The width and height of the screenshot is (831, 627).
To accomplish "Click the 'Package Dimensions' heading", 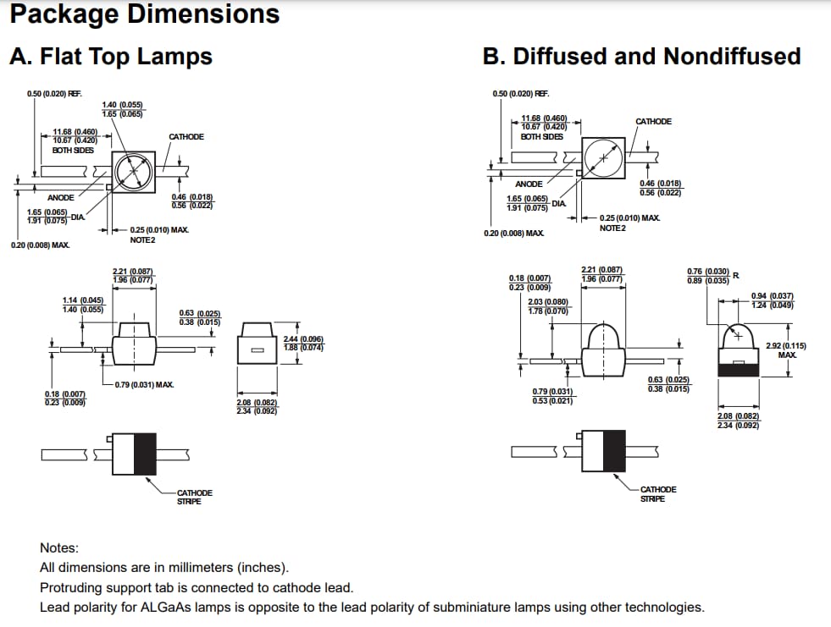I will click(144, 14).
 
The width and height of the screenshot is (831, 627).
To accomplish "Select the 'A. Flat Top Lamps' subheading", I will click(110, 57).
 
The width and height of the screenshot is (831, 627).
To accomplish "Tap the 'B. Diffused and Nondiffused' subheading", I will click(641, 57).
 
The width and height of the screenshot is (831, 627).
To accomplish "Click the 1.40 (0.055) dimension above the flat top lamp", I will click(122, 105).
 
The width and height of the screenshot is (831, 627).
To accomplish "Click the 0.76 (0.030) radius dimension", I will click(707, 271).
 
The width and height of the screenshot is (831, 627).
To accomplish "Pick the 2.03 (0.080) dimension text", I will click(548, 302).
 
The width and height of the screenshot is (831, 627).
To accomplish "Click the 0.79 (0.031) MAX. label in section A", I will click(144, 385).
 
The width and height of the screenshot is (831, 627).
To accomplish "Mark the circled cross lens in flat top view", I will click(131, 172).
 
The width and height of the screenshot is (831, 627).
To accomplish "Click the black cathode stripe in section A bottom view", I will click(146, 454).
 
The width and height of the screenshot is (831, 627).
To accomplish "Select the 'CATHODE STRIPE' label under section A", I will click(194, 497).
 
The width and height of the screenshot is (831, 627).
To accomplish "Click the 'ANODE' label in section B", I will click(529, 184).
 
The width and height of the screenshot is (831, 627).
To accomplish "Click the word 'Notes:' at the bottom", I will click(59, 548).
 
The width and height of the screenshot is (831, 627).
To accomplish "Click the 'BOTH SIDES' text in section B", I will click(541, 137).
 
